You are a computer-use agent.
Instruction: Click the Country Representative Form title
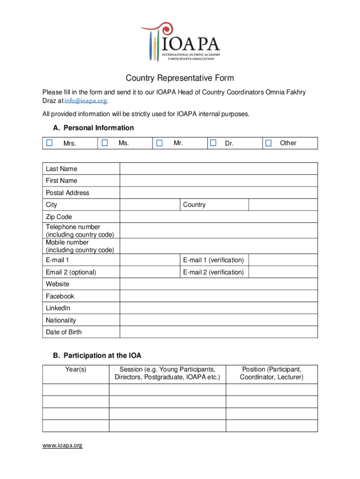pyautogui.click(x=180, y=78)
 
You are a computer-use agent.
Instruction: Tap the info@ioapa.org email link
pyautogui.click(x=86, y=101)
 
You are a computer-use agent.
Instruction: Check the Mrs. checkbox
pyautogui.click(x=50, y=143)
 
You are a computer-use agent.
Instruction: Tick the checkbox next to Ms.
pyautogui.click(x=105, y=143)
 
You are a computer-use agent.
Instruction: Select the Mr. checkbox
pyautogui.click(x=160, y=143)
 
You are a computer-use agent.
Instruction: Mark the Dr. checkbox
pyautogui.click(x=213, y=143)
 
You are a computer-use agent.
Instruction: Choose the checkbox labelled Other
pyautogui.click(x=268, y=143)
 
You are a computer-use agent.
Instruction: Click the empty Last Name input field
pyautogui.click(x=219, y=169)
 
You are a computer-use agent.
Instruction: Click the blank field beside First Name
pyautogui.click(x=219, y=181)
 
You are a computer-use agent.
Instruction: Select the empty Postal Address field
pyautogui.click(x=219, y=193)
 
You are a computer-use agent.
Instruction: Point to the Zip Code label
pyautogui.click(x=59, y=217)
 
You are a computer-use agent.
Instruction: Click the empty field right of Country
pyautogui.click(x=283, y=205)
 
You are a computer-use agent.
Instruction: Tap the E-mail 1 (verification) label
pyautogui.click(x=213, y=260)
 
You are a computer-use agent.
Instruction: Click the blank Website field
pyautogui.click(x=219, y=284)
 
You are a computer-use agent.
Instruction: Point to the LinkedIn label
pyautogui.click(x=58, y=308)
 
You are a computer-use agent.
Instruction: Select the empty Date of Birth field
pyautogui.click(x=219, y=332)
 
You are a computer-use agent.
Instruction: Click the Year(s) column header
pyautogui.click(x=76, y=370)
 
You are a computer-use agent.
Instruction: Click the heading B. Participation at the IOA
pyautogui.click(x=97, y=356)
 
